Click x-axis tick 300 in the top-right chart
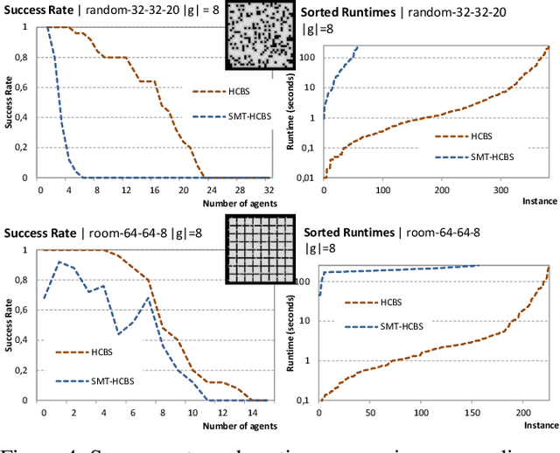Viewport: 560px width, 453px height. [x=499, y=190]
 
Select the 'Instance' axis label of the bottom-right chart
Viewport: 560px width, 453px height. [x=541, y=423]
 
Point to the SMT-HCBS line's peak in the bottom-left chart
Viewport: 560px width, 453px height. [x=59, y=261]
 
